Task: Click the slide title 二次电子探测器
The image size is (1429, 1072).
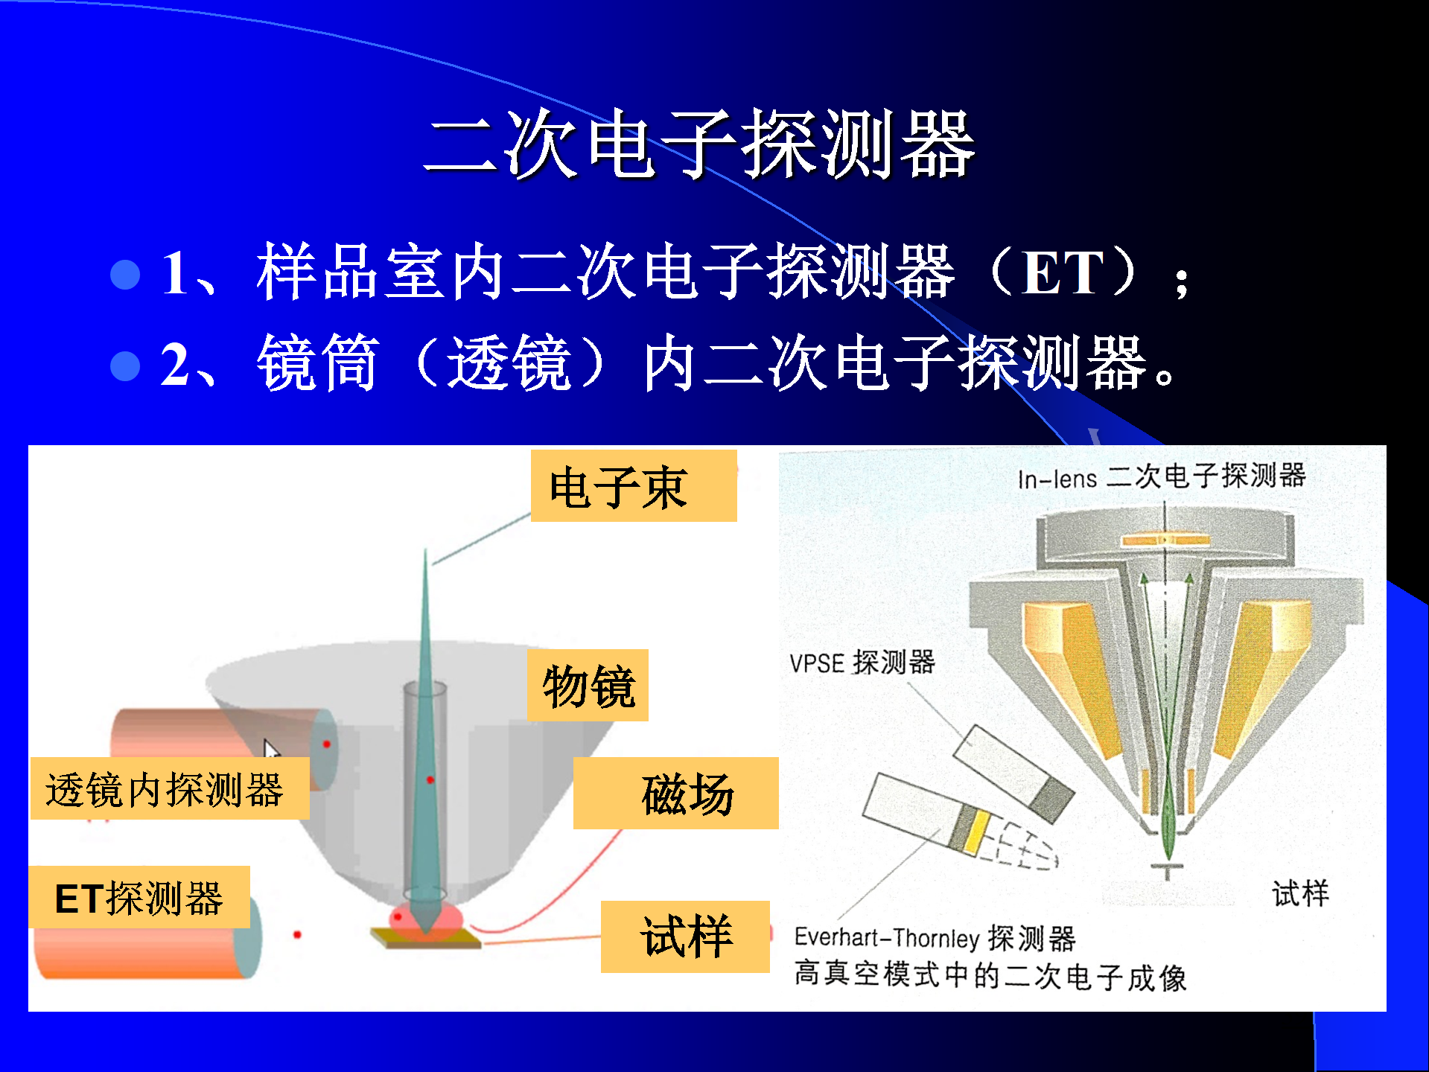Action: point(699,144)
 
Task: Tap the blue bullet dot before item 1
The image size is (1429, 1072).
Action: point(125,274)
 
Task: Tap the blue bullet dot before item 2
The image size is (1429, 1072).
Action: point(125,366)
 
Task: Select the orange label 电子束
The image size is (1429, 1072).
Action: point(634,486)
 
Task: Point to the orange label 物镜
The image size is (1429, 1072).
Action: point(588,685)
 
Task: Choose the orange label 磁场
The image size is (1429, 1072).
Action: point(675,793)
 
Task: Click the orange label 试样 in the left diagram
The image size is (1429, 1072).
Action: point(685,937)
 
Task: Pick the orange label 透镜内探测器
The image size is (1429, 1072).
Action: point(170,788)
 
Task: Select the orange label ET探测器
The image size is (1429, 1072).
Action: point(139,897)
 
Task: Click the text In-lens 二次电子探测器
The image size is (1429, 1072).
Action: point(1162,476)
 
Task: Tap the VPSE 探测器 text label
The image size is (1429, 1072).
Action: point(862,662)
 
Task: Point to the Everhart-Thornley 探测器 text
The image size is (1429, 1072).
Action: point(935,938)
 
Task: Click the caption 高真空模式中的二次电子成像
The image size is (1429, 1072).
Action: point(990,976)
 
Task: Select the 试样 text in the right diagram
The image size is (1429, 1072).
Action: point(1300,893)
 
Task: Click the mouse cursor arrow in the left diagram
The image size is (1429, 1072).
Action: point(271,749)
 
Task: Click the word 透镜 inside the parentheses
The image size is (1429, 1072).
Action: point(509,363)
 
